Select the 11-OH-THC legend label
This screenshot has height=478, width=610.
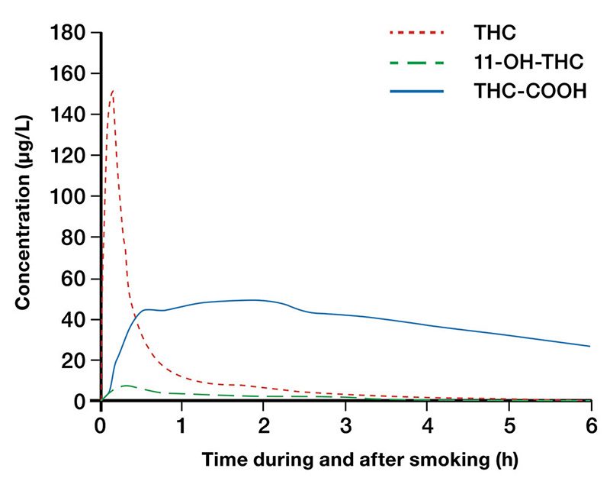click(518, 62)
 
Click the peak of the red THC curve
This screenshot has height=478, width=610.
click(113, 90)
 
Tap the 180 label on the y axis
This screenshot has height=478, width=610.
click(66, 33)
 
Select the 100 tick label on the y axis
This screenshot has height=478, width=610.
click(66, 196)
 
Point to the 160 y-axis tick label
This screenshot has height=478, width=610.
click(66, 74)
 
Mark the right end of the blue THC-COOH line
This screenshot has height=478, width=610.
click(589, 346)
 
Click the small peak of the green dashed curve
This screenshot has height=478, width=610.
click(127, 386)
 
